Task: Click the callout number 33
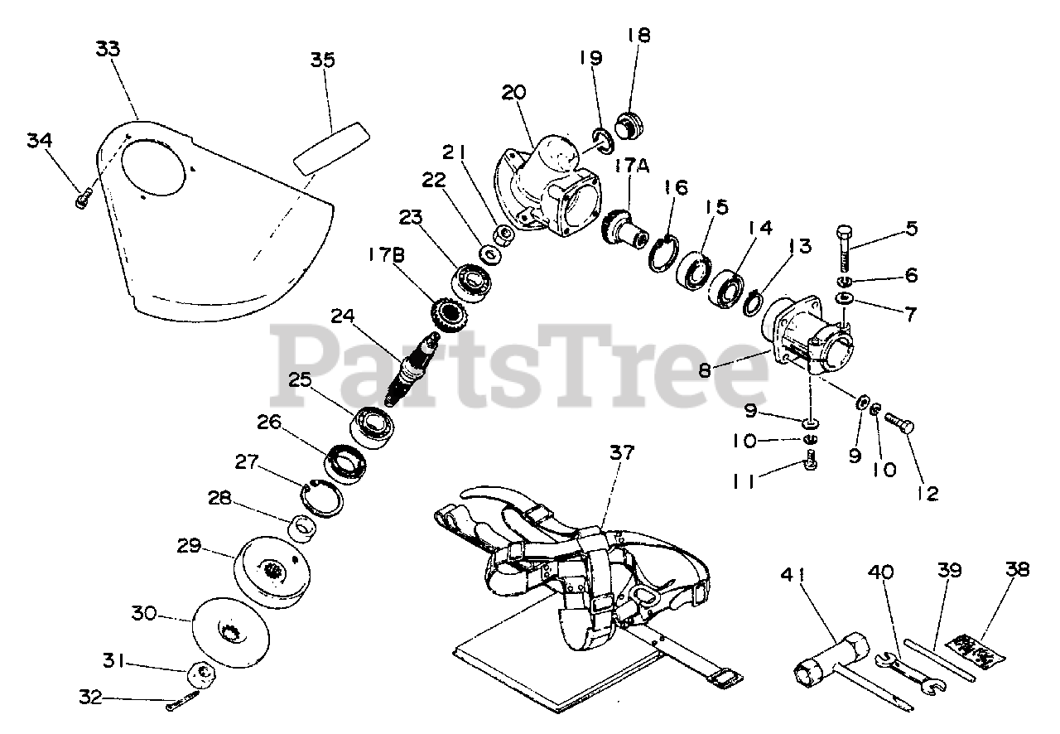108,49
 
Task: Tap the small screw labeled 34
82,198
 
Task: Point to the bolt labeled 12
899,423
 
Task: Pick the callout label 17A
632,166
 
